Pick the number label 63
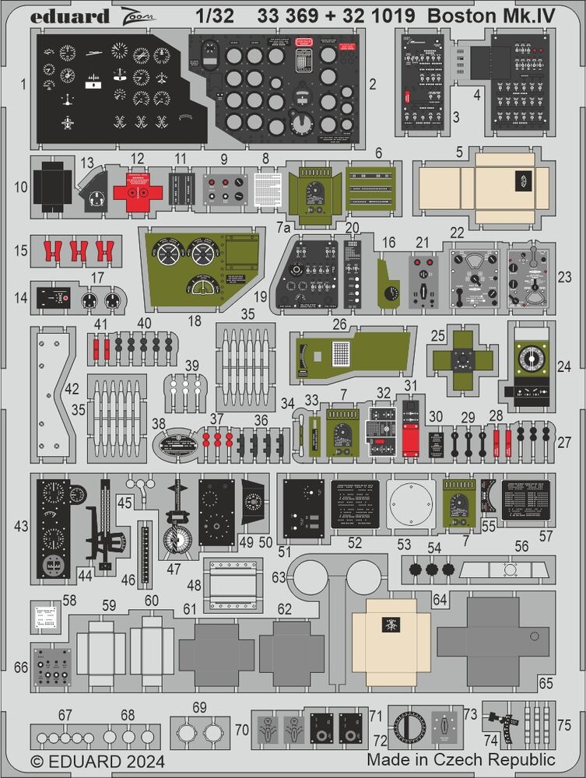pos(279,576)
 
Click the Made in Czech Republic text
pos(461,759)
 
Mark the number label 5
pos(460,152)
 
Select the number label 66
pos(22,668)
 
